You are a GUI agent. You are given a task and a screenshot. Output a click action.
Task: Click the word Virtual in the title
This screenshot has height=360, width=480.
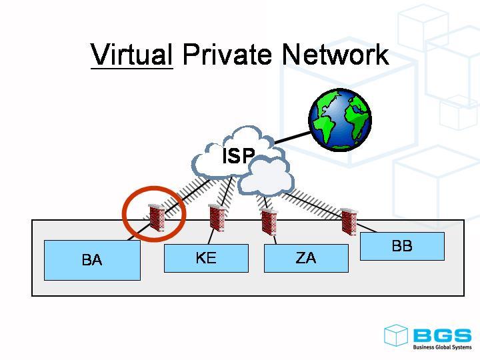(131, 54)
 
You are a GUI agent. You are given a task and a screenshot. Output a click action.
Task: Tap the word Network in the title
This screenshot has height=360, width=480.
(335, 54)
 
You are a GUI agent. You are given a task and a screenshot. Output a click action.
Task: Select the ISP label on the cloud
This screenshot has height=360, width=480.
(238, 156)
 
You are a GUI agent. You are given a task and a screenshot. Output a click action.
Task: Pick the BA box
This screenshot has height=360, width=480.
(92, 260)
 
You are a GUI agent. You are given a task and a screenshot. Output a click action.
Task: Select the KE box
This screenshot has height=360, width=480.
(206, 258)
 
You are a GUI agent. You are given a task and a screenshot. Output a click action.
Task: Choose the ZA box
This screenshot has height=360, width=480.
(306, 258)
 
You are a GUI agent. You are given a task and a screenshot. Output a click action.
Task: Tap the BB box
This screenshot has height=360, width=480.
(402, 246)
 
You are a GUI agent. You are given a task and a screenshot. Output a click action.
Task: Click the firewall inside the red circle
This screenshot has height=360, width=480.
(157, 217)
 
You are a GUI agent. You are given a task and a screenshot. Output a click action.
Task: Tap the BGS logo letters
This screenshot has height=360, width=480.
(441, 335)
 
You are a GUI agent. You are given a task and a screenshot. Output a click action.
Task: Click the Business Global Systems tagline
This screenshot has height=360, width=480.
(441, 347)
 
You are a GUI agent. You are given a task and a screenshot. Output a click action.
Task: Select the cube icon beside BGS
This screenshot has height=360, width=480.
(395, 335)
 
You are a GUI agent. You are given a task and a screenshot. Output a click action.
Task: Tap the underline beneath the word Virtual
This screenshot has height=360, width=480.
(131, 67)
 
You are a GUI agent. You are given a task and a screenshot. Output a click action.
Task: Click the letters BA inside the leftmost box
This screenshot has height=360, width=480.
(92, 260)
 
